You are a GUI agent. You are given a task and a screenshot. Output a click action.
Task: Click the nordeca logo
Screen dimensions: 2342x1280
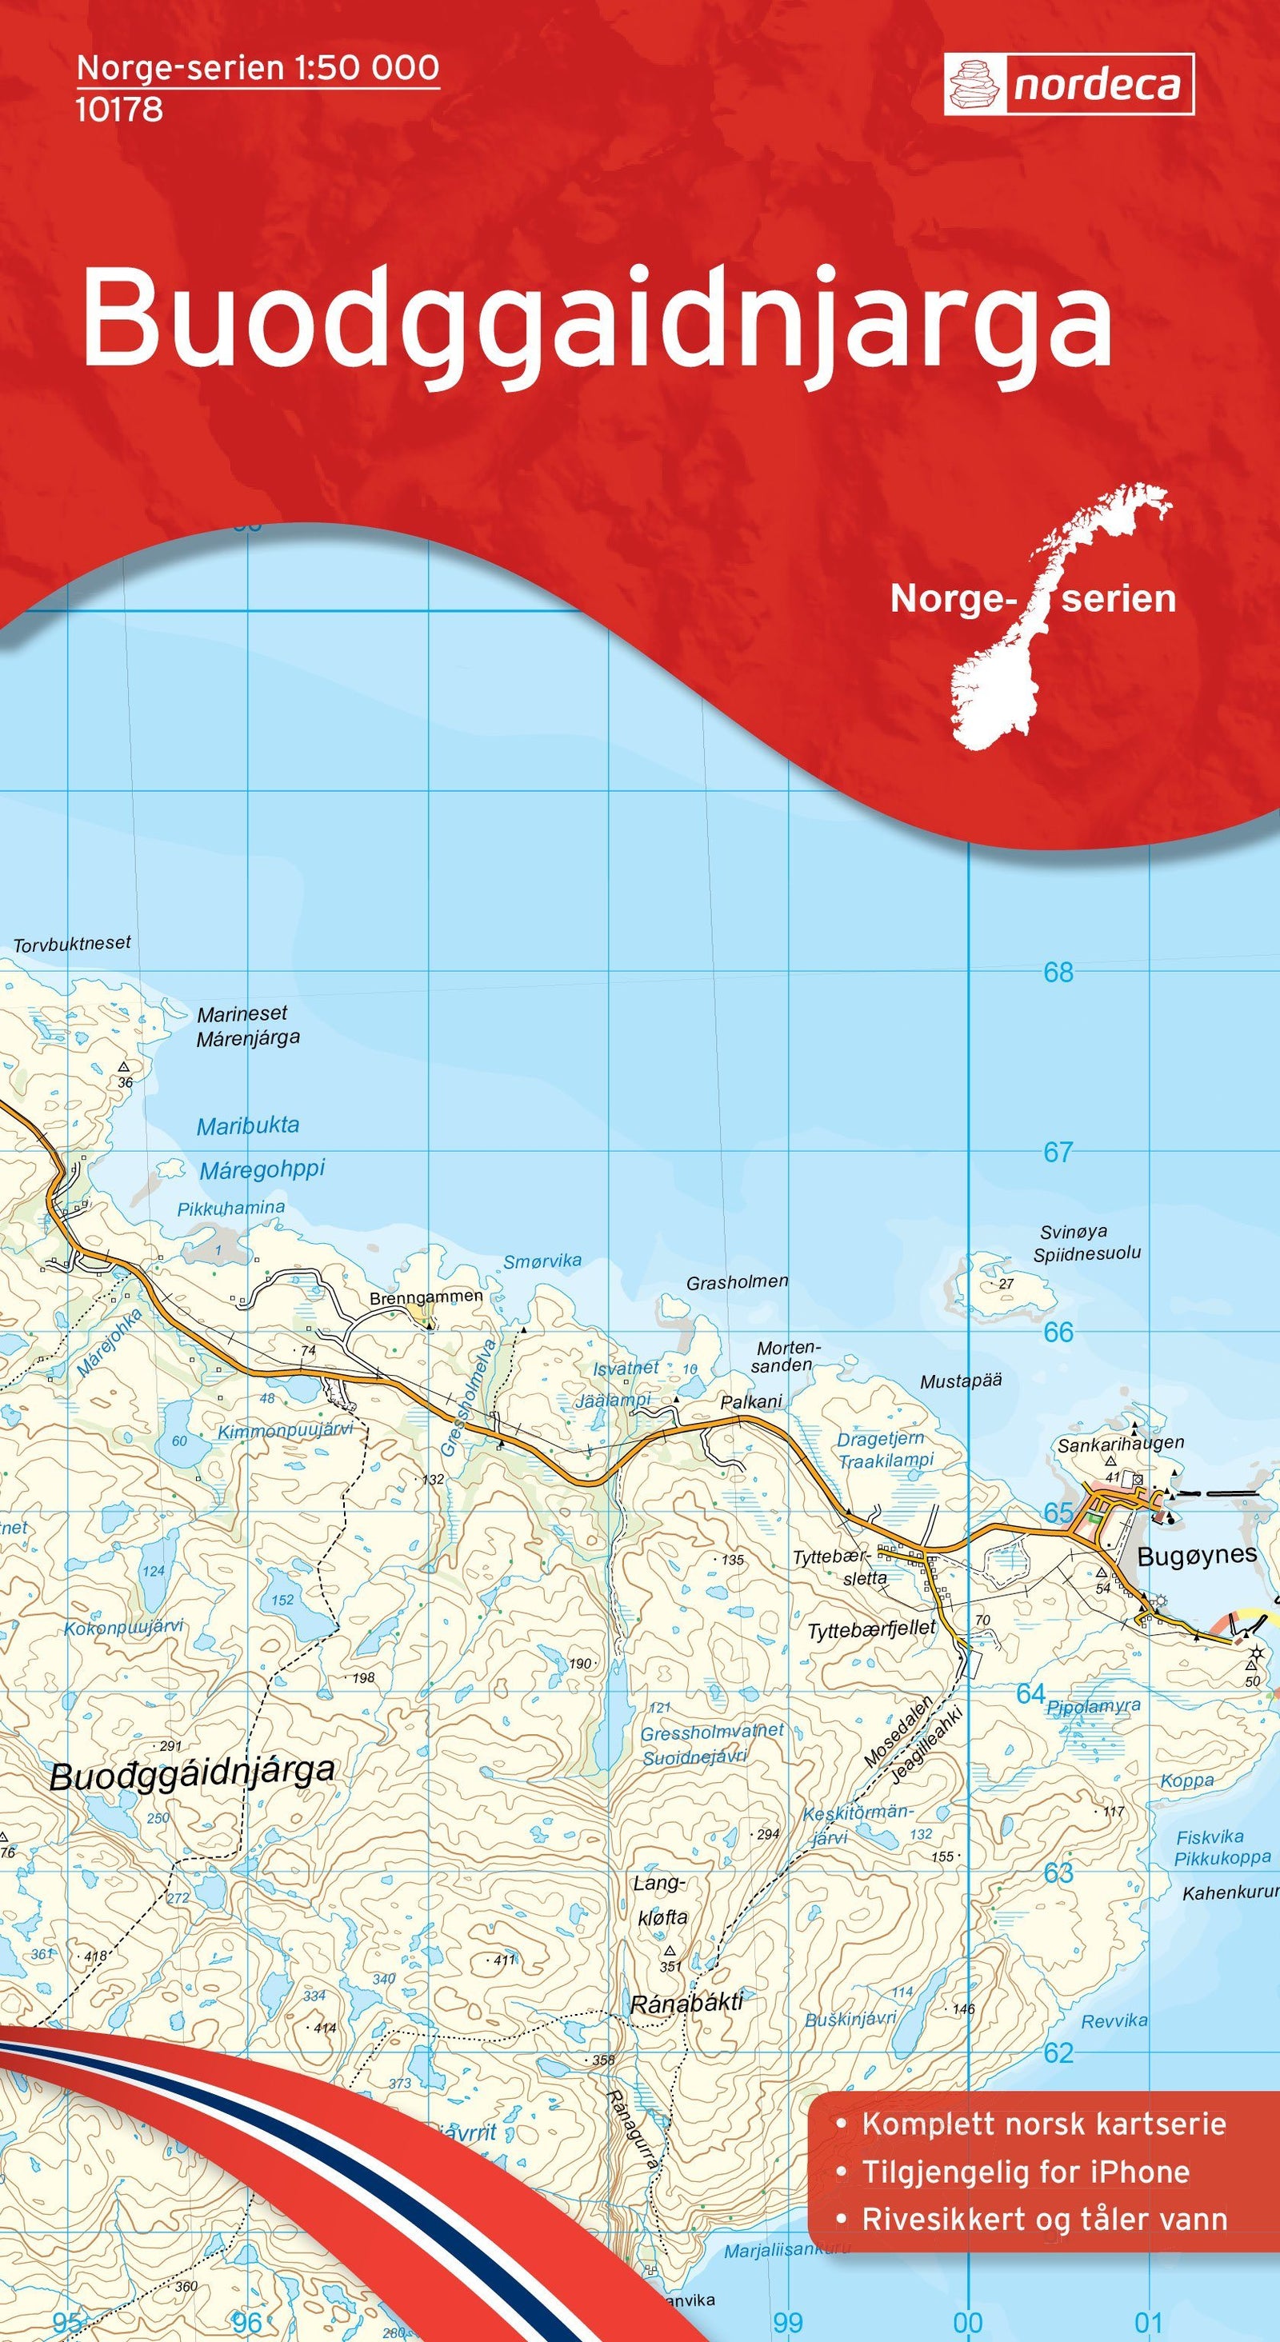coord(1068,85)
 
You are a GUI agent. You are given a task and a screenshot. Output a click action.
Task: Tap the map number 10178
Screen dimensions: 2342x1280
coord(119,109)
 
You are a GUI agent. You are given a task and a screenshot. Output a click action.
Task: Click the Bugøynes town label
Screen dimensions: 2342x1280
coord(1196,1556)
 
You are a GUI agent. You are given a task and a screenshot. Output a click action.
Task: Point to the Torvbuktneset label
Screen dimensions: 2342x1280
coord(72,944)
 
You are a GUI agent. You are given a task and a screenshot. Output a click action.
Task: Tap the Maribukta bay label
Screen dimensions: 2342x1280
coord(247,1125)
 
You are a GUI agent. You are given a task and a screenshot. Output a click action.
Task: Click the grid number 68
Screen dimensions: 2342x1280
coord(1058,973)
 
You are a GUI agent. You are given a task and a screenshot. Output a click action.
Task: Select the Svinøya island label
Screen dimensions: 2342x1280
coord(1074,1233)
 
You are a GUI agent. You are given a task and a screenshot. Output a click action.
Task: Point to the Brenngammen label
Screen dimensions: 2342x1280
coord(426,1297)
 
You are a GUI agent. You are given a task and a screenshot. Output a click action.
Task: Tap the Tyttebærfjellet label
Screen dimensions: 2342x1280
coord(872,1629)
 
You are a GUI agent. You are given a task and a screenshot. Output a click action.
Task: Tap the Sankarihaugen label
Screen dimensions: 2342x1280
coord(1120,1443)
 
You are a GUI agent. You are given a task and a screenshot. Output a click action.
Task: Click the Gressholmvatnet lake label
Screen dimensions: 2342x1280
coord(712,1733)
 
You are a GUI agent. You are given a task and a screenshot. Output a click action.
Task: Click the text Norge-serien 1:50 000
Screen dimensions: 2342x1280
coord(258,68)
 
